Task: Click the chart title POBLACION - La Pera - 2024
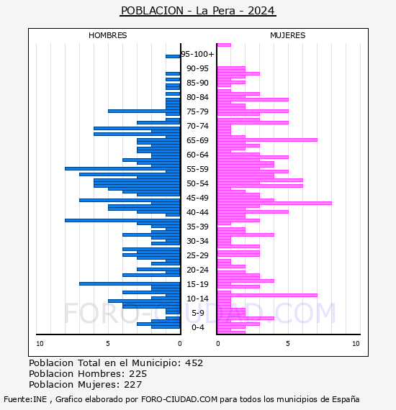pyautogui.click(x=198, y=11)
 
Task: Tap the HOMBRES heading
pyautogui.click(x=107, y=35)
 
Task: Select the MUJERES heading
pyautogui.click(x=288, y=35)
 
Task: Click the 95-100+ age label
pyautogui.click(x=197, y=54)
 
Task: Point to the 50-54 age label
pyautogui.click(x=197, y=183)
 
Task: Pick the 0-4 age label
pyautogui.click(x=197, y=327)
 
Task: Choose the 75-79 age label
pyautogui.click(x=197, y=111)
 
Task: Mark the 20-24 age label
pyautogui.click(x=197, y=270)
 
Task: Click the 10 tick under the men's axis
pyautogui.click(x=40, y=344)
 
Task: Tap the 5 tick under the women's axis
pyautogui.click(x=288, y=344)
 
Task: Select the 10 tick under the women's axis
pyautogui.click(x=356, y=344)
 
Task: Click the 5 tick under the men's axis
pyautogui.click(x=108, y=344)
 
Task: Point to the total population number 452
pyautogui.click(x=194, y=363)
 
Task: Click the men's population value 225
pyautogui.click(x=138, y=374)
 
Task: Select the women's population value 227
pyautogui.click(x=133, y=385)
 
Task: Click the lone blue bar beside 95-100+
pyautogui.click(x=173, y=57)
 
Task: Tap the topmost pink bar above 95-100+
pyautogui.click(x=225, y=45)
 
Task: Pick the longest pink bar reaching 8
pyautogui.click(x=274, y=203)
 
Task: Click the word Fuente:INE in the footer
pyautogui.click(x=25, y=399)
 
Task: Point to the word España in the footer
pyautogui.click(x=346, y=399)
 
